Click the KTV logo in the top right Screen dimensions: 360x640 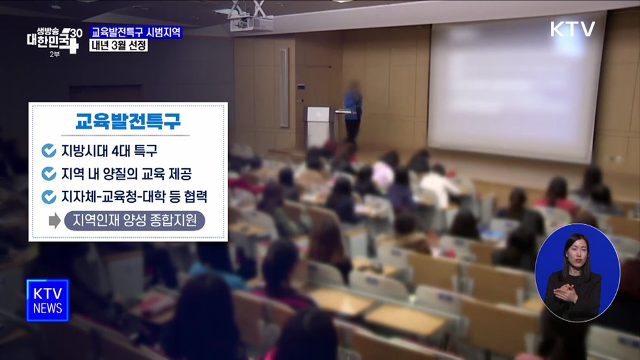tap(572, 29)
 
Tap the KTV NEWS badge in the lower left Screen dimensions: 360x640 tap(47, 300)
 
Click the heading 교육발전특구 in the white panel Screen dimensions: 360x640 tap(127, 122)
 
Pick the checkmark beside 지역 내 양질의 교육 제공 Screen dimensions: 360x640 tap(49, 174)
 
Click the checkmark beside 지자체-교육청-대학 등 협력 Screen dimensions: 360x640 tap(49, 196)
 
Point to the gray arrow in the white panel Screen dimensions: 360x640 tap(55, 221)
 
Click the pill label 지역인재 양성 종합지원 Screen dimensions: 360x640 tap(134, 221)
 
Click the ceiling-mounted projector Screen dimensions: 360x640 tap(251, 22)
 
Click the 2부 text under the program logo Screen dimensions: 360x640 tap(55, 53)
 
